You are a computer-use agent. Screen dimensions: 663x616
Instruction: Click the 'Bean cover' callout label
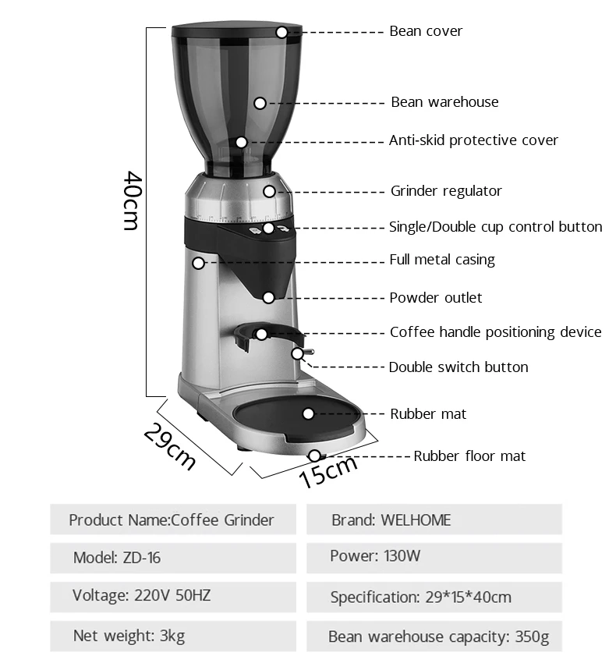point(426,31)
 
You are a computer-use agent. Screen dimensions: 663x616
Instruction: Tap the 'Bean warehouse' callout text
point(444,102)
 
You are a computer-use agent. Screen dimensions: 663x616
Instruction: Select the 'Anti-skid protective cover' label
point(473,140)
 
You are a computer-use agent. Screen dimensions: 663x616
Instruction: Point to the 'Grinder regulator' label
point(446,191)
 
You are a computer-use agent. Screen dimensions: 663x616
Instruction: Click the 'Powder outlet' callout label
point(436,298)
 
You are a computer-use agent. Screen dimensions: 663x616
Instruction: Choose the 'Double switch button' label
point(458,367)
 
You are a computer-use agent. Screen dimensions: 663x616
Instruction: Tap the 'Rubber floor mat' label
point(469,456)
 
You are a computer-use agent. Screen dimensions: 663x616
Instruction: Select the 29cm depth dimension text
point(169,445)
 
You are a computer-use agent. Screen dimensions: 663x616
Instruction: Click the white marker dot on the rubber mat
point(308,414)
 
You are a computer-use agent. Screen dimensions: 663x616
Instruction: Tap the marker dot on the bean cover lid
point(281,32)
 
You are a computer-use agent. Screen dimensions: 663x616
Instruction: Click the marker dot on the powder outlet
point(268,297)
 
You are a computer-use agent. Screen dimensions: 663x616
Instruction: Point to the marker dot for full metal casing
point(198,263)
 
